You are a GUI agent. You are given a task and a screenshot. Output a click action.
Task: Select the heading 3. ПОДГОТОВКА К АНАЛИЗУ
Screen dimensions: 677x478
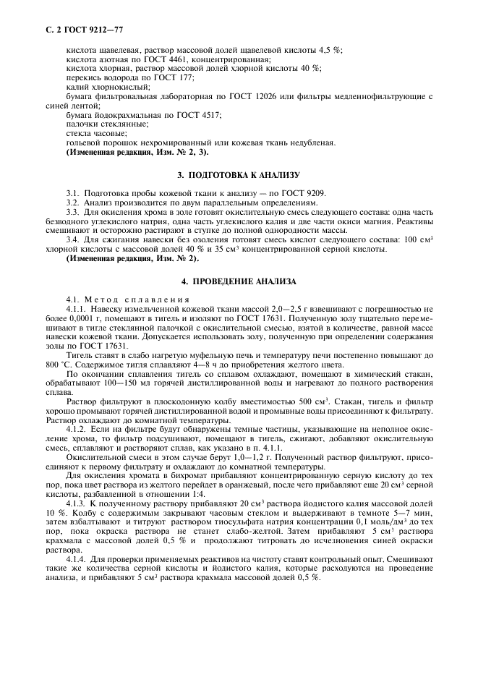(x=239, y=175)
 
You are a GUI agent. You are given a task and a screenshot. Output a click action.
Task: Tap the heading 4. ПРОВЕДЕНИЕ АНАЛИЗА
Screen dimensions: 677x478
(x=239, y=280)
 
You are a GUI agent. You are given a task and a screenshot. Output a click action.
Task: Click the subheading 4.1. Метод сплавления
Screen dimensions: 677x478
(x=128, y=299)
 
